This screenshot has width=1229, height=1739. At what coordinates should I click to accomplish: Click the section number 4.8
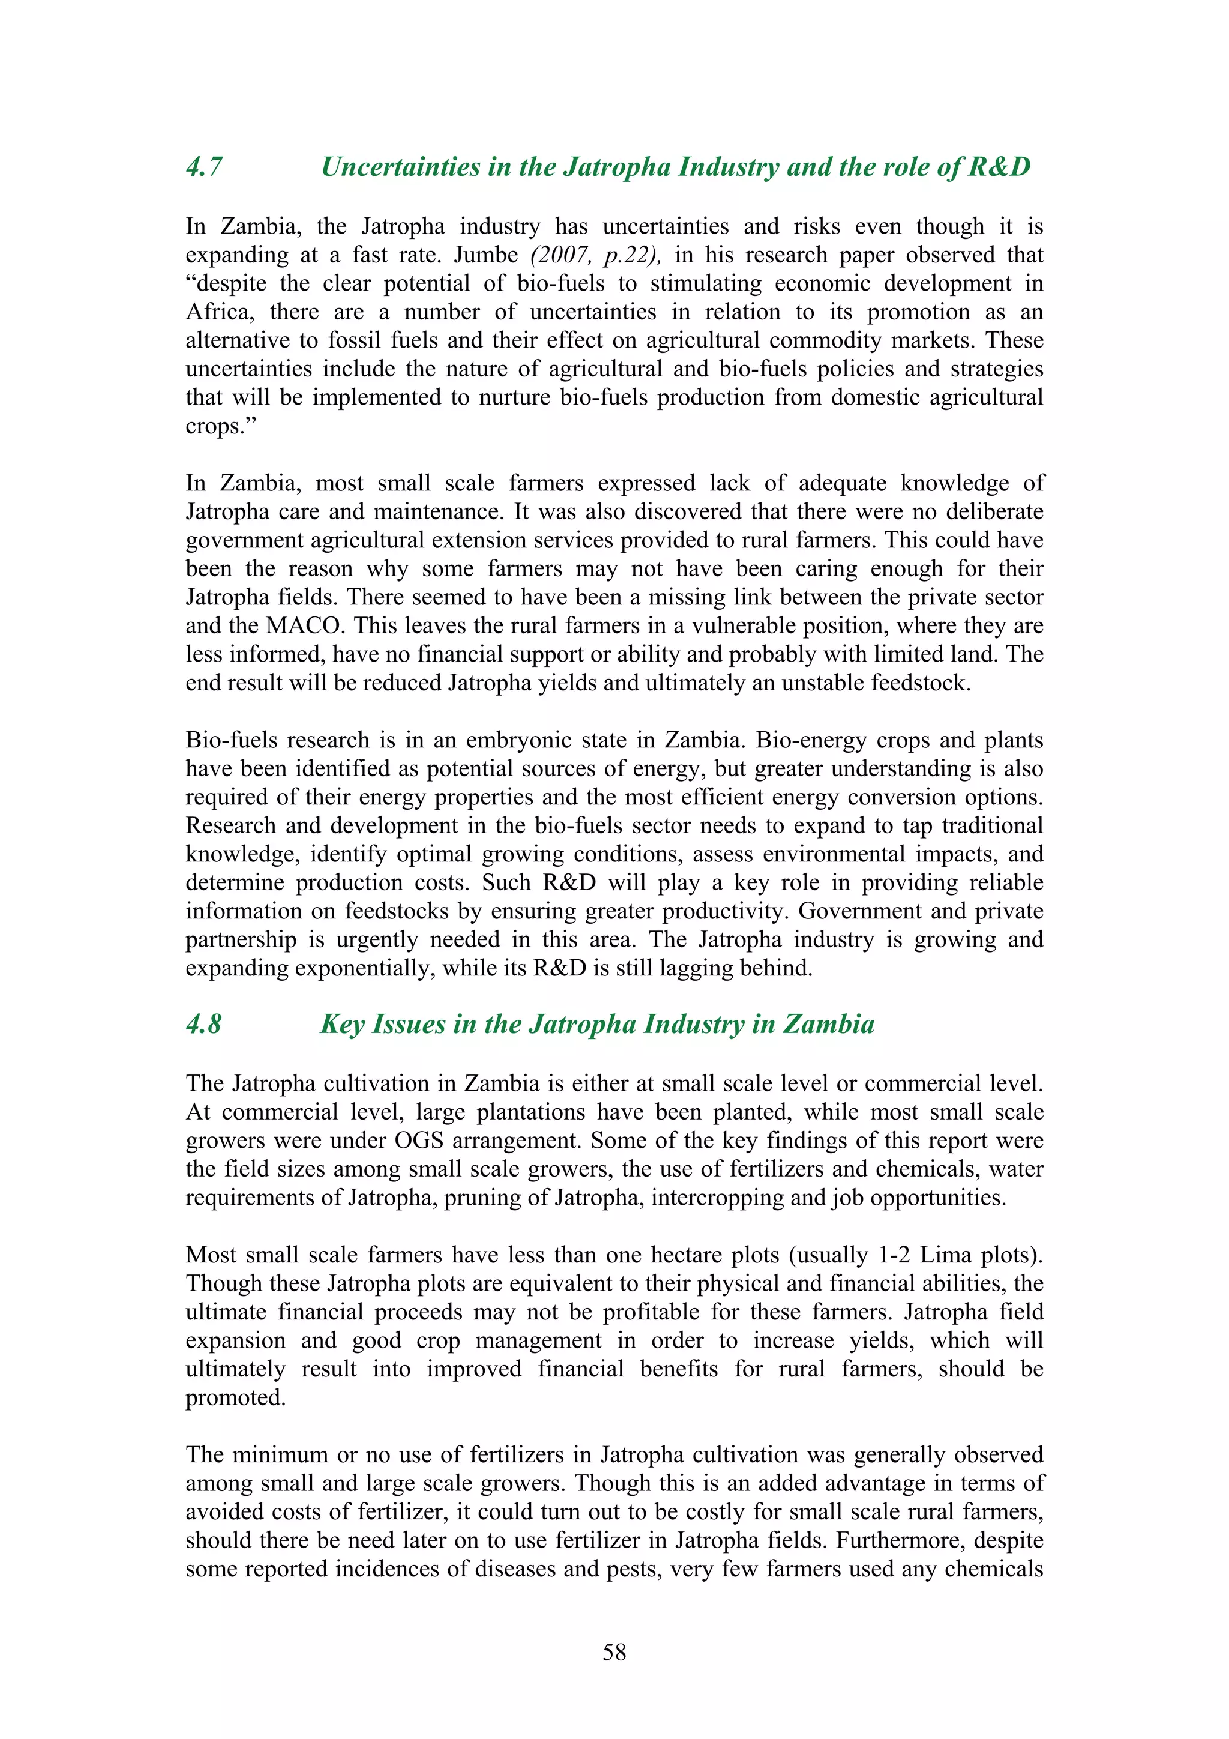coord(203,1025)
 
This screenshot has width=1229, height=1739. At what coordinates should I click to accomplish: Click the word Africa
coord(220,312)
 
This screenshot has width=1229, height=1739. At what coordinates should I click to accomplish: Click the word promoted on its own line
coord(235,1398)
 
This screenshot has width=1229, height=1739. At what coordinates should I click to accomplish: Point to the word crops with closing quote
coord(221,426)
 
